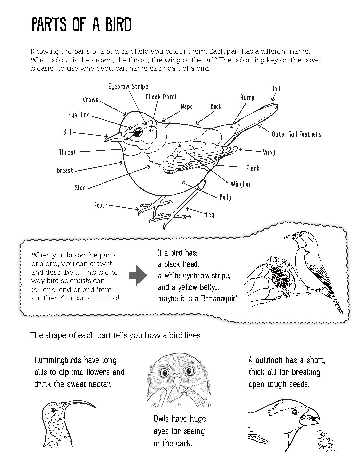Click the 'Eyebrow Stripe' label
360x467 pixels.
[128, 87]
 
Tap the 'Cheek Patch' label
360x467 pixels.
[162, 97]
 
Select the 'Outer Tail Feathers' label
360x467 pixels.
[297, 134]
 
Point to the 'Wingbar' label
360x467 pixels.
[241, 184]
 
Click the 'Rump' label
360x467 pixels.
[247, 98]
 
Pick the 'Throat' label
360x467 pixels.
[67, 152]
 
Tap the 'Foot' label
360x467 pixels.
[99, 205]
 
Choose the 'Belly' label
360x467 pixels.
[225, 197]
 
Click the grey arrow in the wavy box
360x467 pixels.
[138, 275]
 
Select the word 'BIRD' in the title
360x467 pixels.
[114, 25]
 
